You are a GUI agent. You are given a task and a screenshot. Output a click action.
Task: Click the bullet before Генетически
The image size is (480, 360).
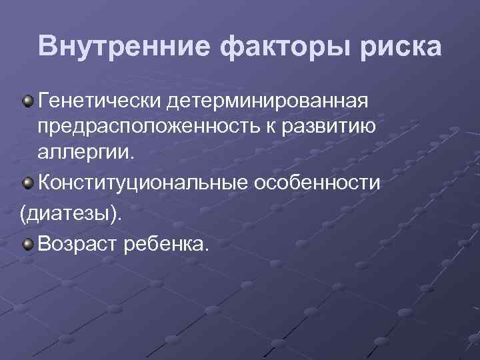(27, 101)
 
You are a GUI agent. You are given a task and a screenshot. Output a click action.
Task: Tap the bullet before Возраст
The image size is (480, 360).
(27, 245)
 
